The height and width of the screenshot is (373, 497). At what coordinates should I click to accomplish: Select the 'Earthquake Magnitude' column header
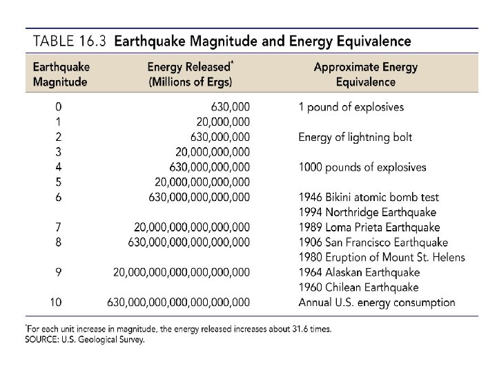click(x=61, y=75)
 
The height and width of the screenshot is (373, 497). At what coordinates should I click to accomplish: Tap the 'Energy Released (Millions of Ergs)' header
click(x=190, y=75)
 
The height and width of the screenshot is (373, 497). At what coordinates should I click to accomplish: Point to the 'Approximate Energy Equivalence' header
click(x=355, y=75)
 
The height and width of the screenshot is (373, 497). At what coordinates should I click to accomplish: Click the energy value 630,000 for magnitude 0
click(x=228, y=107)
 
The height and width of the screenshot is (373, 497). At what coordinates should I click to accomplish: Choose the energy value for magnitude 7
click(x=191, y=227)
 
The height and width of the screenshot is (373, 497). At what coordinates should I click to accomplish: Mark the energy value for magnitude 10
click(x=178, y=302)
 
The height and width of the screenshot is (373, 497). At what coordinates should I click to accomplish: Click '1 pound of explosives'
click(x=351, y=107)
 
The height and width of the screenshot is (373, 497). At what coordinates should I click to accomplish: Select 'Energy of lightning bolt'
click(x=355, y=137)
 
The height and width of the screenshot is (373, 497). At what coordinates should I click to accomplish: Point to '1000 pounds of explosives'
click(x=362, y=167)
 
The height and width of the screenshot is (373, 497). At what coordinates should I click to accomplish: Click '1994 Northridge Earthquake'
click(x=367, y=212)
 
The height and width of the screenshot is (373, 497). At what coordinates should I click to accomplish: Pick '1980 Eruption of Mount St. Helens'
click(x=382, y=257)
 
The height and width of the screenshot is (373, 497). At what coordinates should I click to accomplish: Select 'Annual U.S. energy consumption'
click(x=376, y=302)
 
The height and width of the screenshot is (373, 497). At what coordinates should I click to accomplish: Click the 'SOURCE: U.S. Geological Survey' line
click(x=85, y=340)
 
